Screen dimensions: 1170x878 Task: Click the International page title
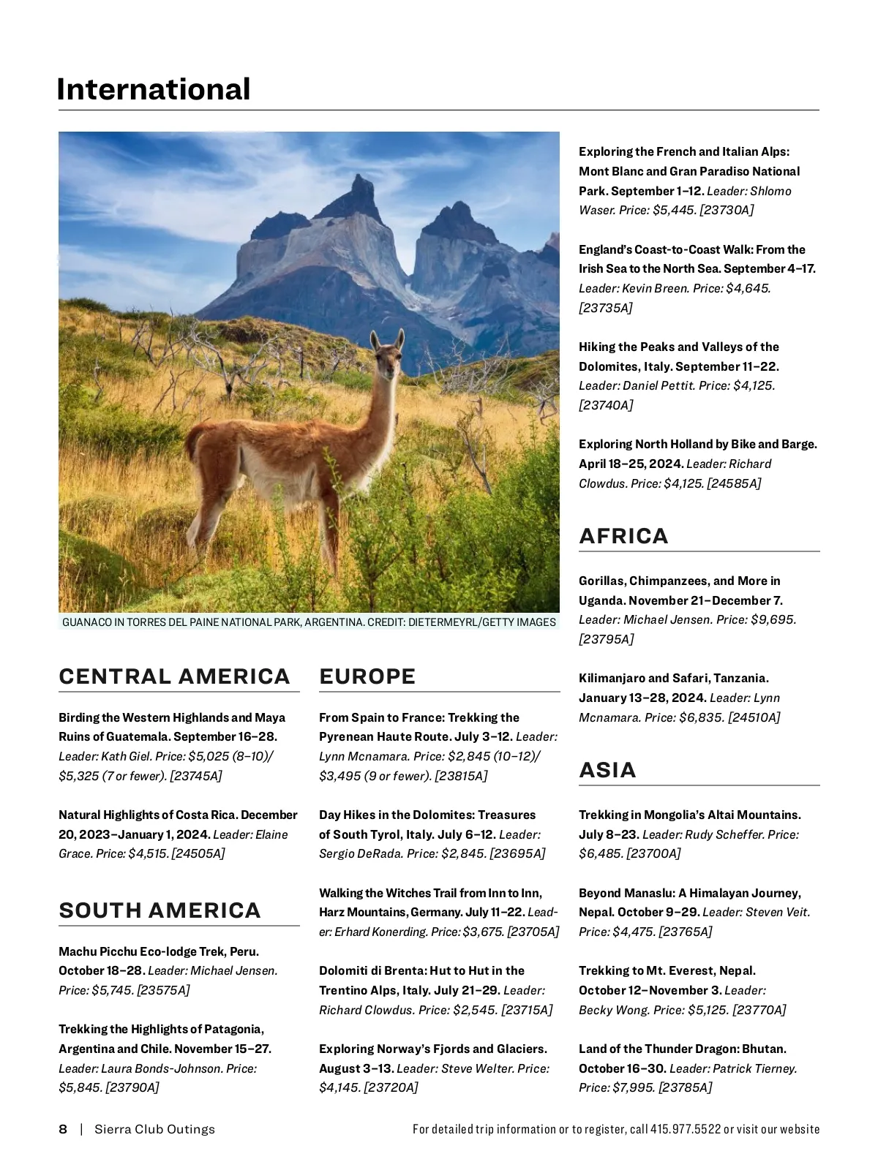pos(154,89)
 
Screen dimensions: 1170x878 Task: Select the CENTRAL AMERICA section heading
pos(174,676)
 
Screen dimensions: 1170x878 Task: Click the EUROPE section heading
pos(367,676)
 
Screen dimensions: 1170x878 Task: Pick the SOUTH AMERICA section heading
pos(160,910)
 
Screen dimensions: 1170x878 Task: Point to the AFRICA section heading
pos(623,536)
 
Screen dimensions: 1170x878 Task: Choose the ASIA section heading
pos(607,770)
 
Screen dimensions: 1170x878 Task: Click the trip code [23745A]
pos(195,776)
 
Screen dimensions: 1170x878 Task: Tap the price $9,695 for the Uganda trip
pos(773,620)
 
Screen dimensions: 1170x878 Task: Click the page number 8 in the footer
pos(63,1130)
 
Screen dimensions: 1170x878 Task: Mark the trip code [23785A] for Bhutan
pos(685,1088)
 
